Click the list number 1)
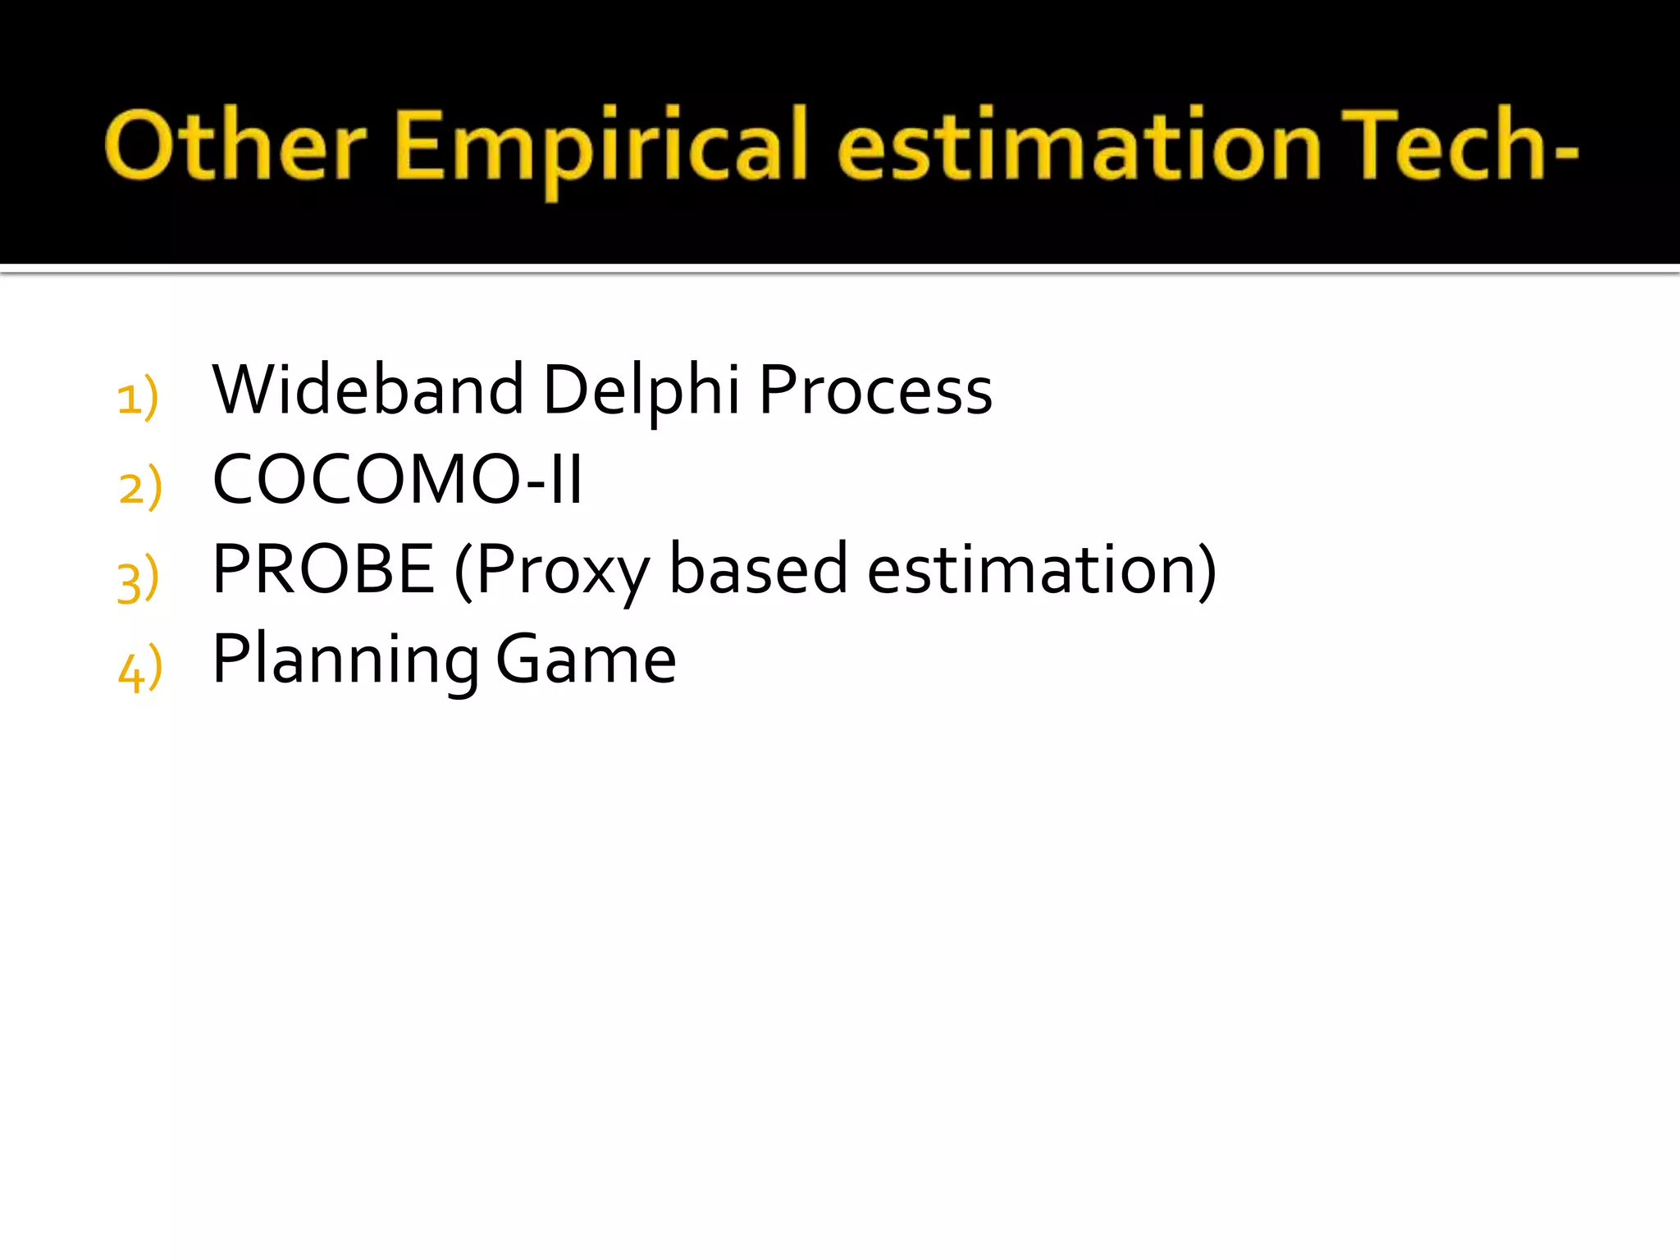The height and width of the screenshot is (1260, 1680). pyautogui.click(x=137, y=397)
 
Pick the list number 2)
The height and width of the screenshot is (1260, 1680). pyautogui.click(x=140, y=487)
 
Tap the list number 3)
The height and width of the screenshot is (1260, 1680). pyautogui.click(x=138, y=579)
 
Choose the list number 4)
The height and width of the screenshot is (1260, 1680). pyautogui.click(x=140, y=669)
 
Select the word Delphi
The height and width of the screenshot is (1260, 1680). pyautogui.click(x=641, y=390)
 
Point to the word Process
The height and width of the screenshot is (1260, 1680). pyautogui.click(x=875, y=390)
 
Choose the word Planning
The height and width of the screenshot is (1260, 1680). pyautogui.click(x=345, y=661)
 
